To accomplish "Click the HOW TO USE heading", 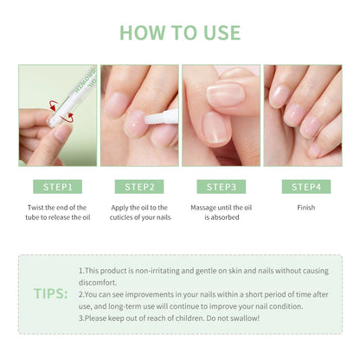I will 180,32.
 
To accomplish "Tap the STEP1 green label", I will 58,186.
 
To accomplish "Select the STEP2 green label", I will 138,186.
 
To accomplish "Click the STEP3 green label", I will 221,186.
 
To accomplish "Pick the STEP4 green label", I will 303,186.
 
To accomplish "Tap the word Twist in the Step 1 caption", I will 40,208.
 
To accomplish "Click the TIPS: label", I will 51,293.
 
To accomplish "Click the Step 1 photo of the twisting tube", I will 58,115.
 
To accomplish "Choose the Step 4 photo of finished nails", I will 303,115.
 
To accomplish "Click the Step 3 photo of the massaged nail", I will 221,115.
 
